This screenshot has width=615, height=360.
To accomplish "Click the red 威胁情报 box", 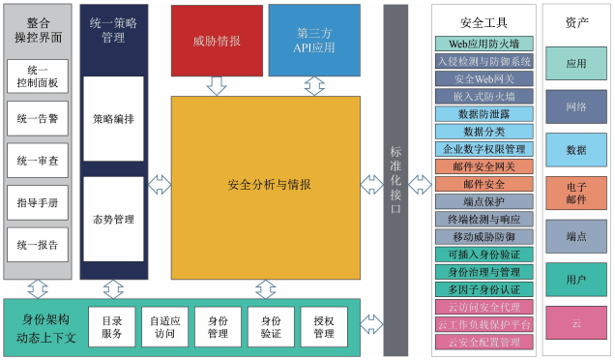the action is (217, 41).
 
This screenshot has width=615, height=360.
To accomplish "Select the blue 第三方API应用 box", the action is (314, 41).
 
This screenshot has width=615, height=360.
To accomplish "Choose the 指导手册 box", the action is (38, 203).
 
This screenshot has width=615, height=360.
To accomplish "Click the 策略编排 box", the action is (113, 118).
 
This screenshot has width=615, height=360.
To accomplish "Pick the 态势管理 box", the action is (113, 220).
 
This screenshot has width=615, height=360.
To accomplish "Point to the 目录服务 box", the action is (112, 327).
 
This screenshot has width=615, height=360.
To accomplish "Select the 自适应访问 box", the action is (163, 327).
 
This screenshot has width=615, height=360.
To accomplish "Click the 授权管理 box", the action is (323, 327).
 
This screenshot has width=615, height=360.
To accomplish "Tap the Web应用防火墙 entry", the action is (483, 44).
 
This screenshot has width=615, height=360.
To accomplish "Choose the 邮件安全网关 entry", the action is (483, 166).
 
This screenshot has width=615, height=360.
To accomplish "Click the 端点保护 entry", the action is (483, 201).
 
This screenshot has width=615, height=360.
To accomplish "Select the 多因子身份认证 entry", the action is (483, 289).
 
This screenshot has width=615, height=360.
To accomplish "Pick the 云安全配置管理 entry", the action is (483, 342).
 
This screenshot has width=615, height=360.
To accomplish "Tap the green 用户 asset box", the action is (575, 279).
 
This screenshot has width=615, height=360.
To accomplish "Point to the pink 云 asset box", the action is (575, 322).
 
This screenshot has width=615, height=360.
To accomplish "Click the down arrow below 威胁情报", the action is (217, 85).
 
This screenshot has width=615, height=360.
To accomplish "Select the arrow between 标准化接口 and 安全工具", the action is (420, 184).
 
